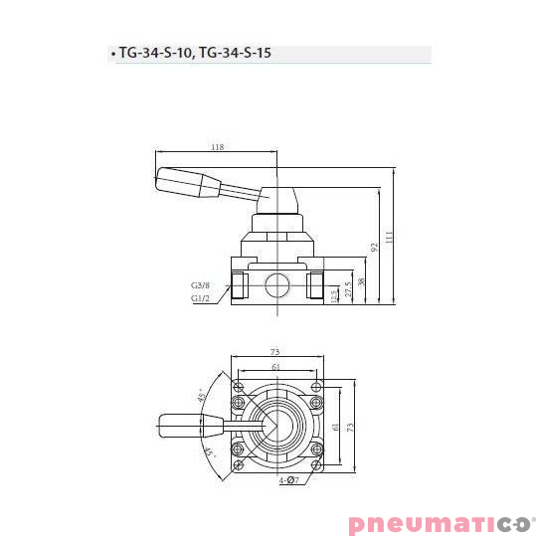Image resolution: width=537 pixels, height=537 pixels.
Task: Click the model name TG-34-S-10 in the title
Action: (x=155, y=54)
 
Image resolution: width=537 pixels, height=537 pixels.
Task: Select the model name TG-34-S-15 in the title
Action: (x=235, y=54)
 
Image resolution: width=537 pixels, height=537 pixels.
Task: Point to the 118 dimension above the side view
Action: (x=217, y=147)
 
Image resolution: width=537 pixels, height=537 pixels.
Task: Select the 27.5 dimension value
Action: (x=348, y=288)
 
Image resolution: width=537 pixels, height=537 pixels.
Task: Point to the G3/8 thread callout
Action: (x=201, y=284)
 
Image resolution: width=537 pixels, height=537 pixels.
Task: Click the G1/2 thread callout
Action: (x=201, y=296)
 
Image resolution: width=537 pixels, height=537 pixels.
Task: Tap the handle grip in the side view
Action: (x=189, y=182)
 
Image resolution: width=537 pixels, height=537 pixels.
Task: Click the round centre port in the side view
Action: (x=275, y=286)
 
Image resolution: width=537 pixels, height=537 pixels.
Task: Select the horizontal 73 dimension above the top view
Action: (x=275, y=351)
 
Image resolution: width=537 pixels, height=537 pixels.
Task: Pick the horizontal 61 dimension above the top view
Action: (x=275, y=365)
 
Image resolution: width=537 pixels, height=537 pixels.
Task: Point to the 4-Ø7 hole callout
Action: (x=290, y=481)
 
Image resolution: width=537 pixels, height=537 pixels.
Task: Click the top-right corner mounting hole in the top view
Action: (x=316, y=386)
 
